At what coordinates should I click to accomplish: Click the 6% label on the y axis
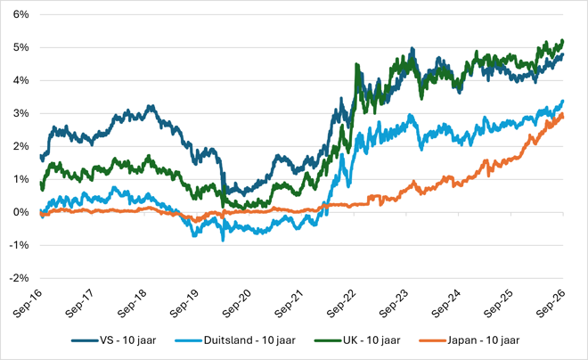pos(21,14)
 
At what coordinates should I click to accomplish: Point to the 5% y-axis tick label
pos(21,47)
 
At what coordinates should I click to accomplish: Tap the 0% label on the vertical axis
pos(21,212)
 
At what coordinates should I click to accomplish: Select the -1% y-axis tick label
pos(20,245)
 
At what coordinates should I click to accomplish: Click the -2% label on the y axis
pos(20,278)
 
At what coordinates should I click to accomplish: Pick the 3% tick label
pos(21,114)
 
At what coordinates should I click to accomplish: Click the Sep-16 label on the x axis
pos(27,304)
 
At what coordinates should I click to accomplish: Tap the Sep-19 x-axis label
pos(184,304)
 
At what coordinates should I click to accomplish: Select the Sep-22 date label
pos(341,304)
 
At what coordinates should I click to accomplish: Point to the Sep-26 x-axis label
pos(551,304)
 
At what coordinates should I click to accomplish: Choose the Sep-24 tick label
pos(445,304)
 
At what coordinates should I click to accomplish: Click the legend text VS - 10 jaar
pos(128,340)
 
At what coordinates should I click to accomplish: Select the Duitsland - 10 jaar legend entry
pos(249,340)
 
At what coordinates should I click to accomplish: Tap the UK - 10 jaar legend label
pos(372,340)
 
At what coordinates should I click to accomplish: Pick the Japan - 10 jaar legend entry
pos(484,340)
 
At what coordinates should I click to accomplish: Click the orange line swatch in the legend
pos(433,341)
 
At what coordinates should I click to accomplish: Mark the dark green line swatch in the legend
pos(329,341)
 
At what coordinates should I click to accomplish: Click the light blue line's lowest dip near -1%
pos(223,240)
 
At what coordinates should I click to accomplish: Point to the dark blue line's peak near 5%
pos(412,48)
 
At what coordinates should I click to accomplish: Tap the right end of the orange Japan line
pos(562,116)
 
